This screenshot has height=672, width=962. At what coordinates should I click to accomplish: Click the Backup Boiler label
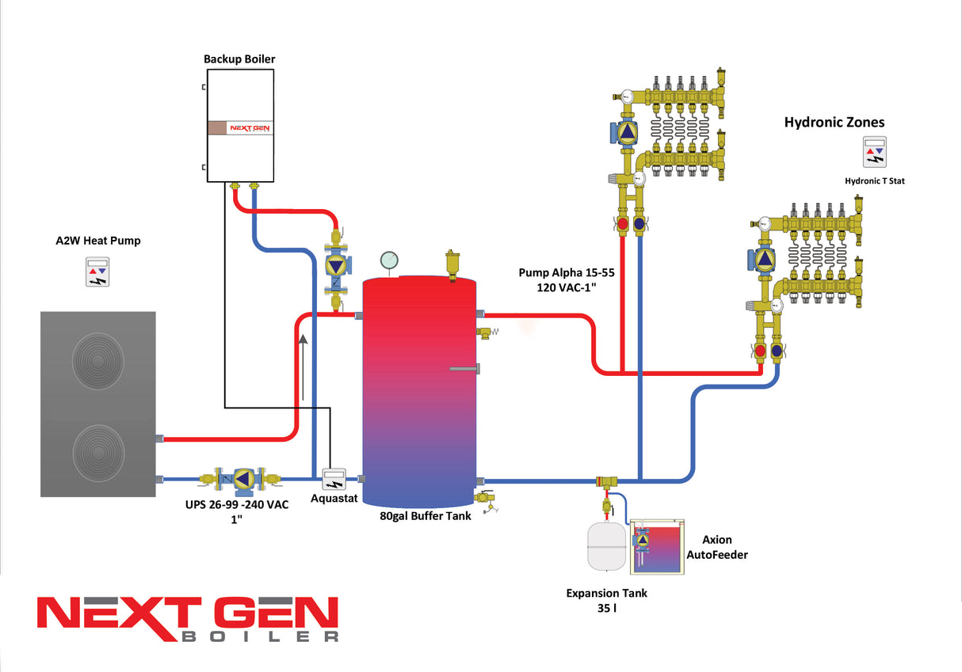pyautogui.click(x=239, y=59)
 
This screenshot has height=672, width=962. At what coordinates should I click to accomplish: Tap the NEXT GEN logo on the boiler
pyautogui.click(x=250, y=127)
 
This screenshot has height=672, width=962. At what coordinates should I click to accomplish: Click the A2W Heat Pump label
pyautogui.click(x=93, y=241)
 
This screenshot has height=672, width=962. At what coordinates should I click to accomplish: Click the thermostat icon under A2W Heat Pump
pyautogui.click(x=97, y=271)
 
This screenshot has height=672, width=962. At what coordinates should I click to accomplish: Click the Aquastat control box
pyautogui.click(x=334, y=479)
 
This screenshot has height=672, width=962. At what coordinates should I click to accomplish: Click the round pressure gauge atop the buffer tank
pyautogui.click(x=389, y=260)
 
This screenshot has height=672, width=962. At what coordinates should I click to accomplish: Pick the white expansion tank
pyautogui.click(x=606, y=545)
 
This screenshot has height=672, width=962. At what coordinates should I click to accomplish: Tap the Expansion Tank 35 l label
pyautogui.click(x=606, y=601)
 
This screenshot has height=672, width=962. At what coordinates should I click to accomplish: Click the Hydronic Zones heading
pyautogui.click(x=834, y=123)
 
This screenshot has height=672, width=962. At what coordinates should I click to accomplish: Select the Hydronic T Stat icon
pyautogui.click(x=875, y=152)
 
